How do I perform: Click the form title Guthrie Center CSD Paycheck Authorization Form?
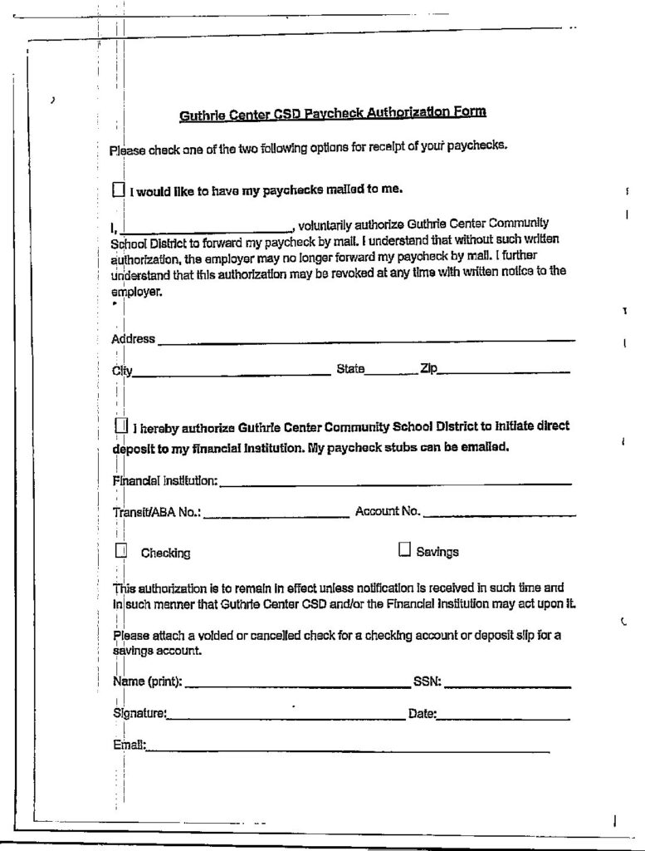pos(333,113)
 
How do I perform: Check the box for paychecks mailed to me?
pos(117,189)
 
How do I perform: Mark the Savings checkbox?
pos(405,549)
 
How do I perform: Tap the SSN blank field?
pos(507,685)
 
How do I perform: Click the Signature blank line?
pos(286,716)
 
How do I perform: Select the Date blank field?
pos(503,716)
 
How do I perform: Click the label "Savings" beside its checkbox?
pos(437,552)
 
